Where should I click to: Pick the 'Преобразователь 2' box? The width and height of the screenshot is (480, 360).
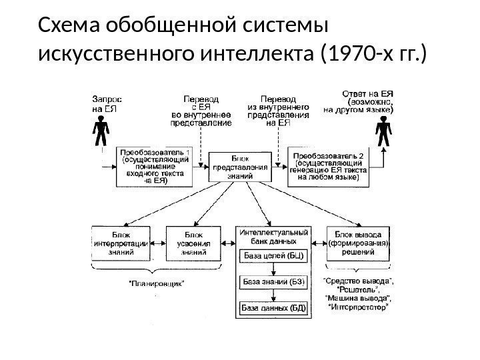point(328,166)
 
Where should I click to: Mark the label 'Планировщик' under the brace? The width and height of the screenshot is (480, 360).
point(157,283)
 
